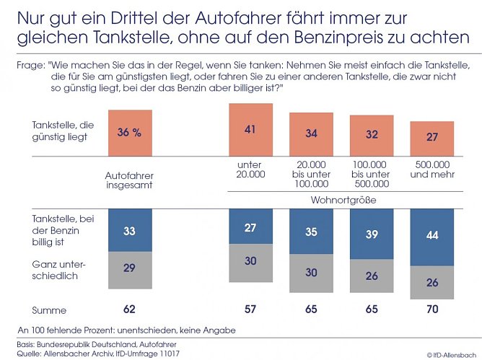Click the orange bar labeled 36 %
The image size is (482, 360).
click(x=130, y=132)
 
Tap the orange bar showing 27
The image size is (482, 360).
click(x=431, y=136)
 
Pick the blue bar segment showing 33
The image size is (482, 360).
click(x=130, y=232)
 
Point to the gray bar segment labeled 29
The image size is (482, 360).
click(x=130, y=267)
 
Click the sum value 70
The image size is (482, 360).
click(x=431, y=310)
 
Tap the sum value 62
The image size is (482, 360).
click(x=130, y=310)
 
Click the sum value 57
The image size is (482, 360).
click(x=250, y=310)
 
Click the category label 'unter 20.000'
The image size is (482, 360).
click(x=250, y=170)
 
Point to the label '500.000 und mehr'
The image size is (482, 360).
click(x=431, y=170)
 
